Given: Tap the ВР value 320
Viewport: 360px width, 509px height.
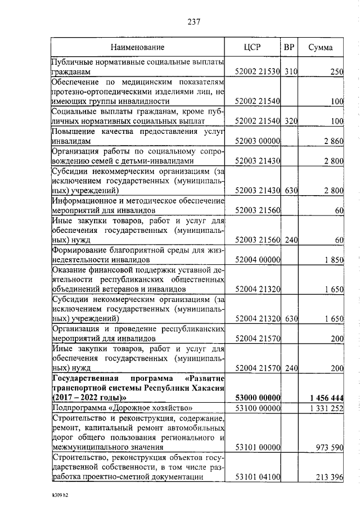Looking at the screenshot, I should [x=290, y=121].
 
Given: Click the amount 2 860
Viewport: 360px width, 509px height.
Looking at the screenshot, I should [x=332, y=141].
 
